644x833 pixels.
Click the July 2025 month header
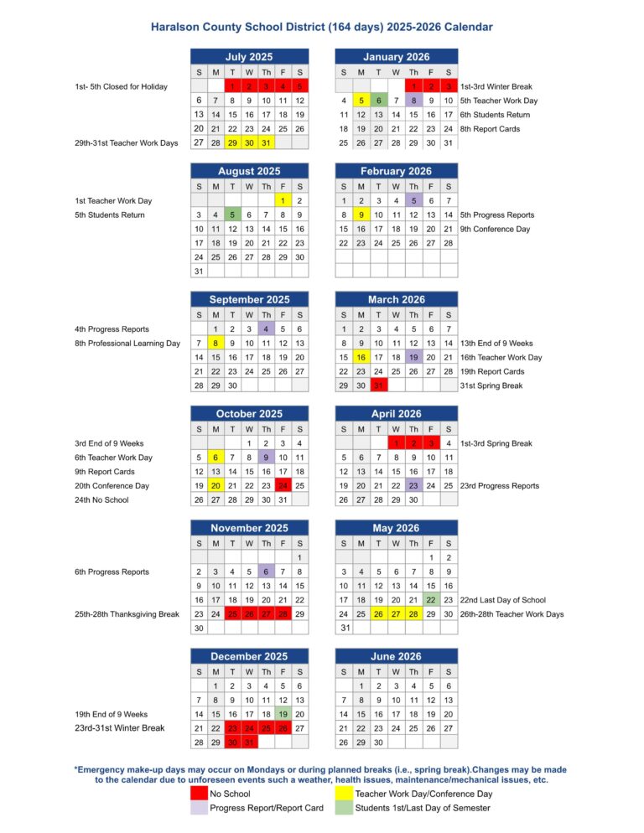[x=249, y=57]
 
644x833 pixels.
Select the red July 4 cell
[x=283, y=86]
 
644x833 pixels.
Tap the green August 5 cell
[x=232, y=215]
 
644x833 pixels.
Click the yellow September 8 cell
[x=216, y=343]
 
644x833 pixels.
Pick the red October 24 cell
[x=283, y=486]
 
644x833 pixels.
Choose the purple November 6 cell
[x=267, y=572]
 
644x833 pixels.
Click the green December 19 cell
[x=283, y=714]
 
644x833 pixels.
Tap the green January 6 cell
[x=378, y=101]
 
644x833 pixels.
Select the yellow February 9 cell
[x=361, y=215]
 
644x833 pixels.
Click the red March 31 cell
[x=378, y=385]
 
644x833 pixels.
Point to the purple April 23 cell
[x=413, y=486]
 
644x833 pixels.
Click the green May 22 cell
[x=431, y=600]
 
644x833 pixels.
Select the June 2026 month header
[x=397, y=656]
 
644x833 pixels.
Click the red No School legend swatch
[x=199, y=794]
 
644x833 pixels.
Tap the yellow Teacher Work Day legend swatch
[x=344, y=794]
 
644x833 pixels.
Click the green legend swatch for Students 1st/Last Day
[x=344, y=808]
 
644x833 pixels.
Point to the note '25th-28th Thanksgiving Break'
[x=127, y=614]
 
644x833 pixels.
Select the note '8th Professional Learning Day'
[x=127, y=343]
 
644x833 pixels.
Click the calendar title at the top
[x=322, y=28]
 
